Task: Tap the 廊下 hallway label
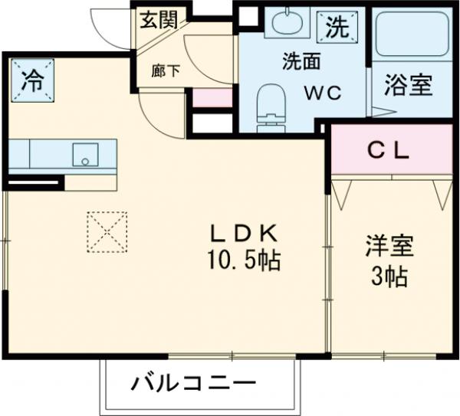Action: [x=166, y=70]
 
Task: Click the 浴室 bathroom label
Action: [x=408, y=84]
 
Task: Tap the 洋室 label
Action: [x=389, y=247]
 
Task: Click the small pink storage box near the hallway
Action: [x=211, y=98]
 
